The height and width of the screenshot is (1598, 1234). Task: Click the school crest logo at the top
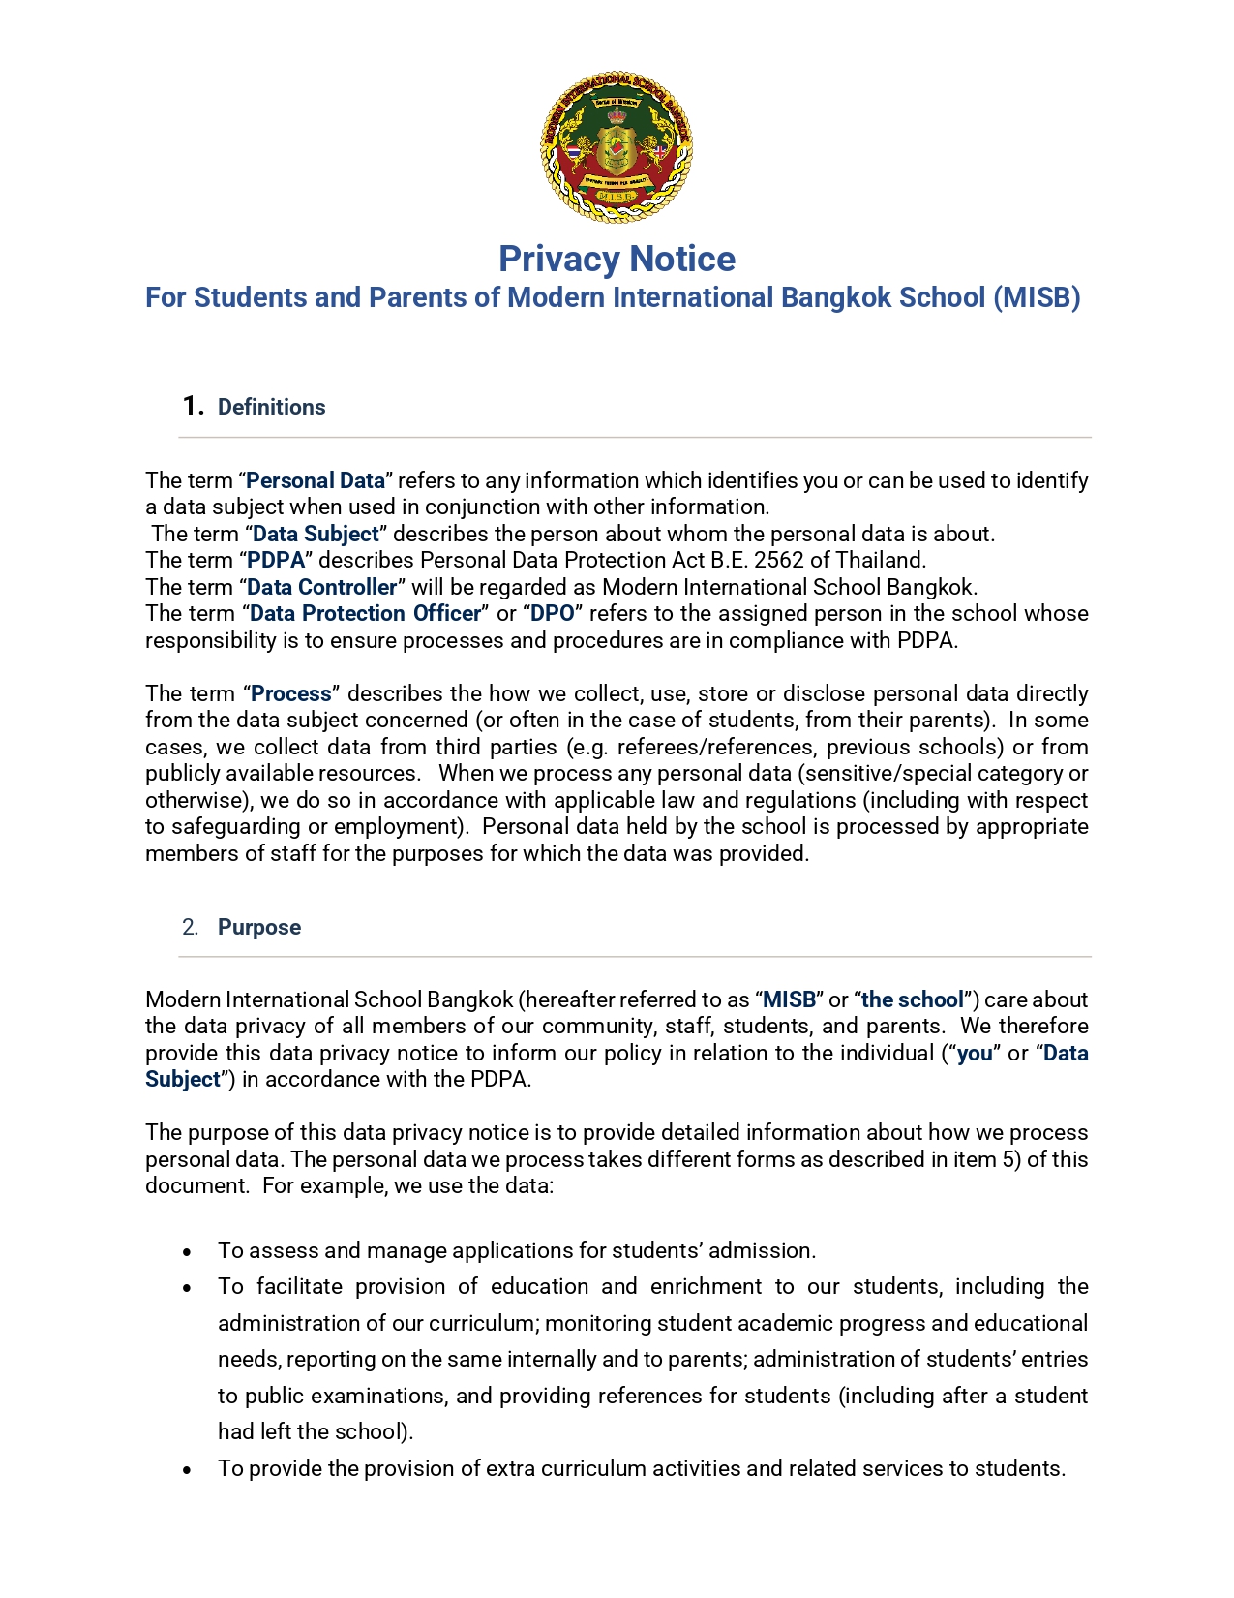[x=617, y=147]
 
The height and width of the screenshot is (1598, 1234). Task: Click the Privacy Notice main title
[x=617, y=259]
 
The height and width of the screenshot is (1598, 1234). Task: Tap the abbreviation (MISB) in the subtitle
[x=1037, y=297]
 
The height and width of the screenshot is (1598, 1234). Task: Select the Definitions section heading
[x=271, y=407]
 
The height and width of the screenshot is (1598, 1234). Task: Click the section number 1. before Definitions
[x=193, y=406]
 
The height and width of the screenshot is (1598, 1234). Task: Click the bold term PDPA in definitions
[x=276, y=560]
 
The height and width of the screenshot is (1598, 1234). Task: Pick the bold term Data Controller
[x=322, y=587]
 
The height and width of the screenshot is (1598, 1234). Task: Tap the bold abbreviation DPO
[x=553, y=613]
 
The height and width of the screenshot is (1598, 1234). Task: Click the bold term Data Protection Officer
[x=365, y=613]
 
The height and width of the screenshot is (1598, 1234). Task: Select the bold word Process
[x=291, y=693]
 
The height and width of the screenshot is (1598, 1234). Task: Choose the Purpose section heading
[x=259, y=927]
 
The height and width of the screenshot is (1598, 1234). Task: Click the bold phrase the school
[x=913, y=999]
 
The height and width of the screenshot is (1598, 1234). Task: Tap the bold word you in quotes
[x=975, y=1053]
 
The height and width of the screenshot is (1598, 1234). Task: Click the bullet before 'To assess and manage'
[x=187, y=1252]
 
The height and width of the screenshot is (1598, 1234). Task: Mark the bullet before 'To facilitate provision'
[x=187, y=1288]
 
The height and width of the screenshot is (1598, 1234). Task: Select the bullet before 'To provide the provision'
[x=187, y=1470]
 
